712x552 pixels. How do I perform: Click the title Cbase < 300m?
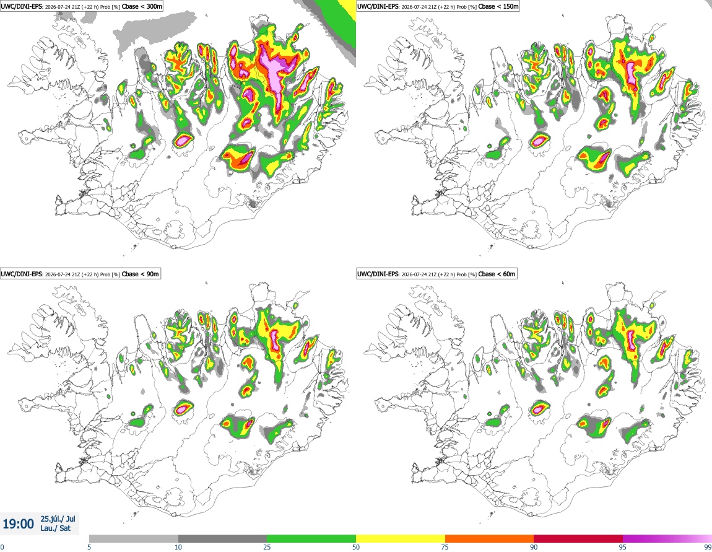[x=142, y=6]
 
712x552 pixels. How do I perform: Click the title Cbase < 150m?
[x=498, y=6]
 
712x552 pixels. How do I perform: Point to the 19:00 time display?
[x=18, y=524]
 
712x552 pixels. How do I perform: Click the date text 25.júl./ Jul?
[x=58, y=519]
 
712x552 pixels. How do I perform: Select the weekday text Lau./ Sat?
[x=55, y=528]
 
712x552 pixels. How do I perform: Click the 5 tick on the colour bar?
[x=89, y=547]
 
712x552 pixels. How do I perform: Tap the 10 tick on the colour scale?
[x=178, y=547]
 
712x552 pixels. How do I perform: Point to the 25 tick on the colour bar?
[x=267, y=547]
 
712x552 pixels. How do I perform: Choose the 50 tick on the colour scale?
[x=356, y=547]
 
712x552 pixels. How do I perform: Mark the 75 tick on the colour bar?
[x=445, y=547]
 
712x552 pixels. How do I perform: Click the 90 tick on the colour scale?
[x=534, y=547]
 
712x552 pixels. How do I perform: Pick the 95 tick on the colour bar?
[x=623, y=547]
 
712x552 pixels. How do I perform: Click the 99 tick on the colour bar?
[x=708, y=547]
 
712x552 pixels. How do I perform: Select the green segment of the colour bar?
[x=311, y=539]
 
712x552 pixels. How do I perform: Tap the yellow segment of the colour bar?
[x=401, y=539]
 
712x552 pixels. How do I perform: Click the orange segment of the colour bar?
[x=490, y=539]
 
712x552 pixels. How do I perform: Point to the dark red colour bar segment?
[x=578, y=539]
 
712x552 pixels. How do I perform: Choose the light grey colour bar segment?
[x=134, y=539]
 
